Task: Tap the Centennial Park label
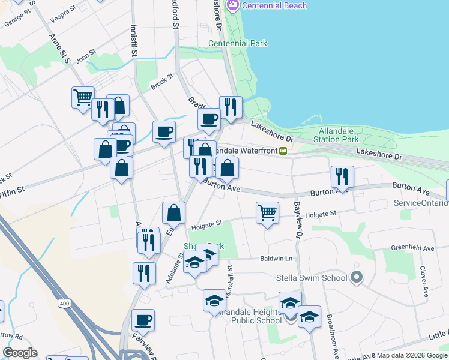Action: coord(238,43)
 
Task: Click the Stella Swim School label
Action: coord(311,278)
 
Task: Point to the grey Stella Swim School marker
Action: coord(357,277)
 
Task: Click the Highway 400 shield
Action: coord(64,304)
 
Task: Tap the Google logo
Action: coord(20,353)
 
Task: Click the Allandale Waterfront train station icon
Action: coord(282,151)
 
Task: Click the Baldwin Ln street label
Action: coord(276,259)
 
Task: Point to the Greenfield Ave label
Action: coord(412,248)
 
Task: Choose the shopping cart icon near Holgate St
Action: coord(267,212)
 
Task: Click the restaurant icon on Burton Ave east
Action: coord(342,176)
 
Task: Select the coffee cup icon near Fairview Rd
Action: coord(143,320)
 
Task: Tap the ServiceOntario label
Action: coord(421,203)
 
